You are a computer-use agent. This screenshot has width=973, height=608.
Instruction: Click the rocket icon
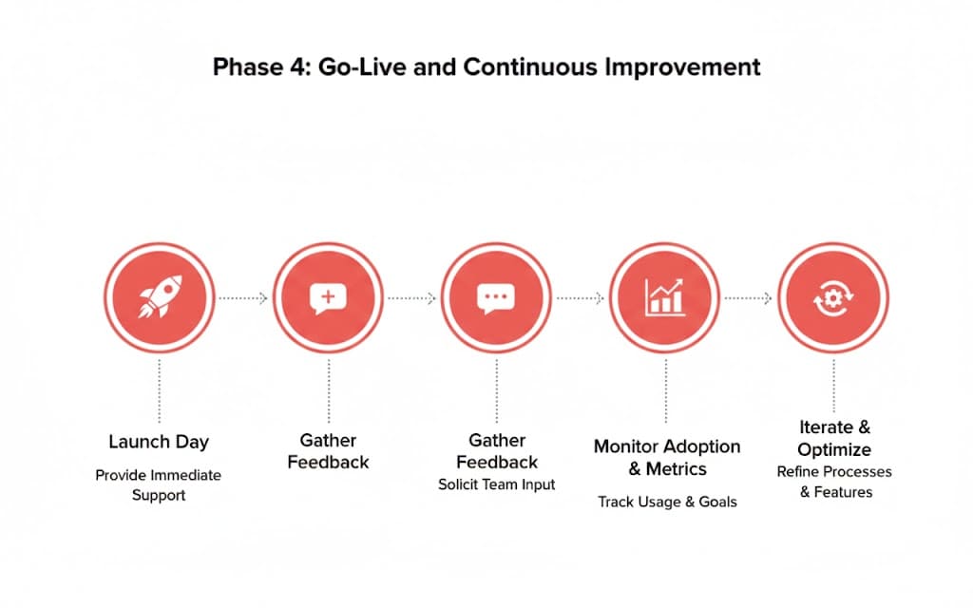[x=160, y=296]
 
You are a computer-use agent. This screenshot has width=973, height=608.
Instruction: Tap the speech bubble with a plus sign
[x=328, y=298]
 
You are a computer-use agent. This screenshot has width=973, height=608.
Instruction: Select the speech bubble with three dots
[x=496, y=298]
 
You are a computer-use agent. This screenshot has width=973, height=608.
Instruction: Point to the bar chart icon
[x=664, y=297]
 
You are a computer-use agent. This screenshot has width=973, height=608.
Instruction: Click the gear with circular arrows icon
[x=833, y=298]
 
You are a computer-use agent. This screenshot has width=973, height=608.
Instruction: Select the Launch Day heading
[x=159, y=442]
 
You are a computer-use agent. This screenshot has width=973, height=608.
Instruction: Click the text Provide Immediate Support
[x=159, y=485]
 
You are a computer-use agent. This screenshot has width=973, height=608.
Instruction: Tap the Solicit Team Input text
[x=496, y=484]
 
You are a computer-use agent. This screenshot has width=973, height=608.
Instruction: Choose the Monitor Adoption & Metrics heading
[x=667, y=457]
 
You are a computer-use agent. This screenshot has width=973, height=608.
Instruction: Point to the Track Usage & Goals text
[x=667, y=502]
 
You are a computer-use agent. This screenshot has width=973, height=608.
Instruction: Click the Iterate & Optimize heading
[x=834, y=438]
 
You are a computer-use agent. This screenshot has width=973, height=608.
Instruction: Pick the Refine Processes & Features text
[x=834, y=482]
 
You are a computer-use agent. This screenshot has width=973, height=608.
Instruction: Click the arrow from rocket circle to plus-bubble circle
[x=243, y=298]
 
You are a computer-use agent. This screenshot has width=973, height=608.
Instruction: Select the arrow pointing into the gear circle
[x=749, y=298]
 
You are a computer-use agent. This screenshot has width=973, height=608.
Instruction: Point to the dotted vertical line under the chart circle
[x=666, y=390]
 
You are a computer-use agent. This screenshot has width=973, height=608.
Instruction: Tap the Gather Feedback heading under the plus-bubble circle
[x=328, y=451]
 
